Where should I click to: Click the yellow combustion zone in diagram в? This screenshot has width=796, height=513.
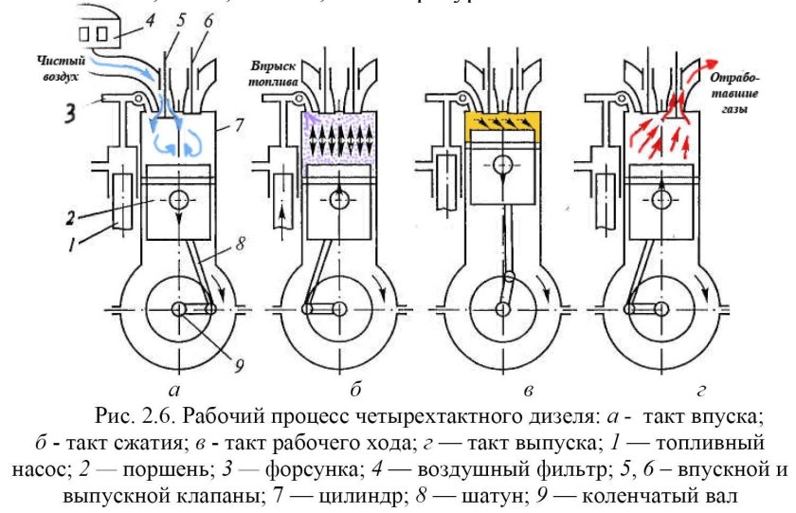[x=503, y=123]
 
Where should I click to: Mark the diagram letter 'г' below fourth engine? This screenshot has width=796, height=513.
[x=702, y=388]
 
